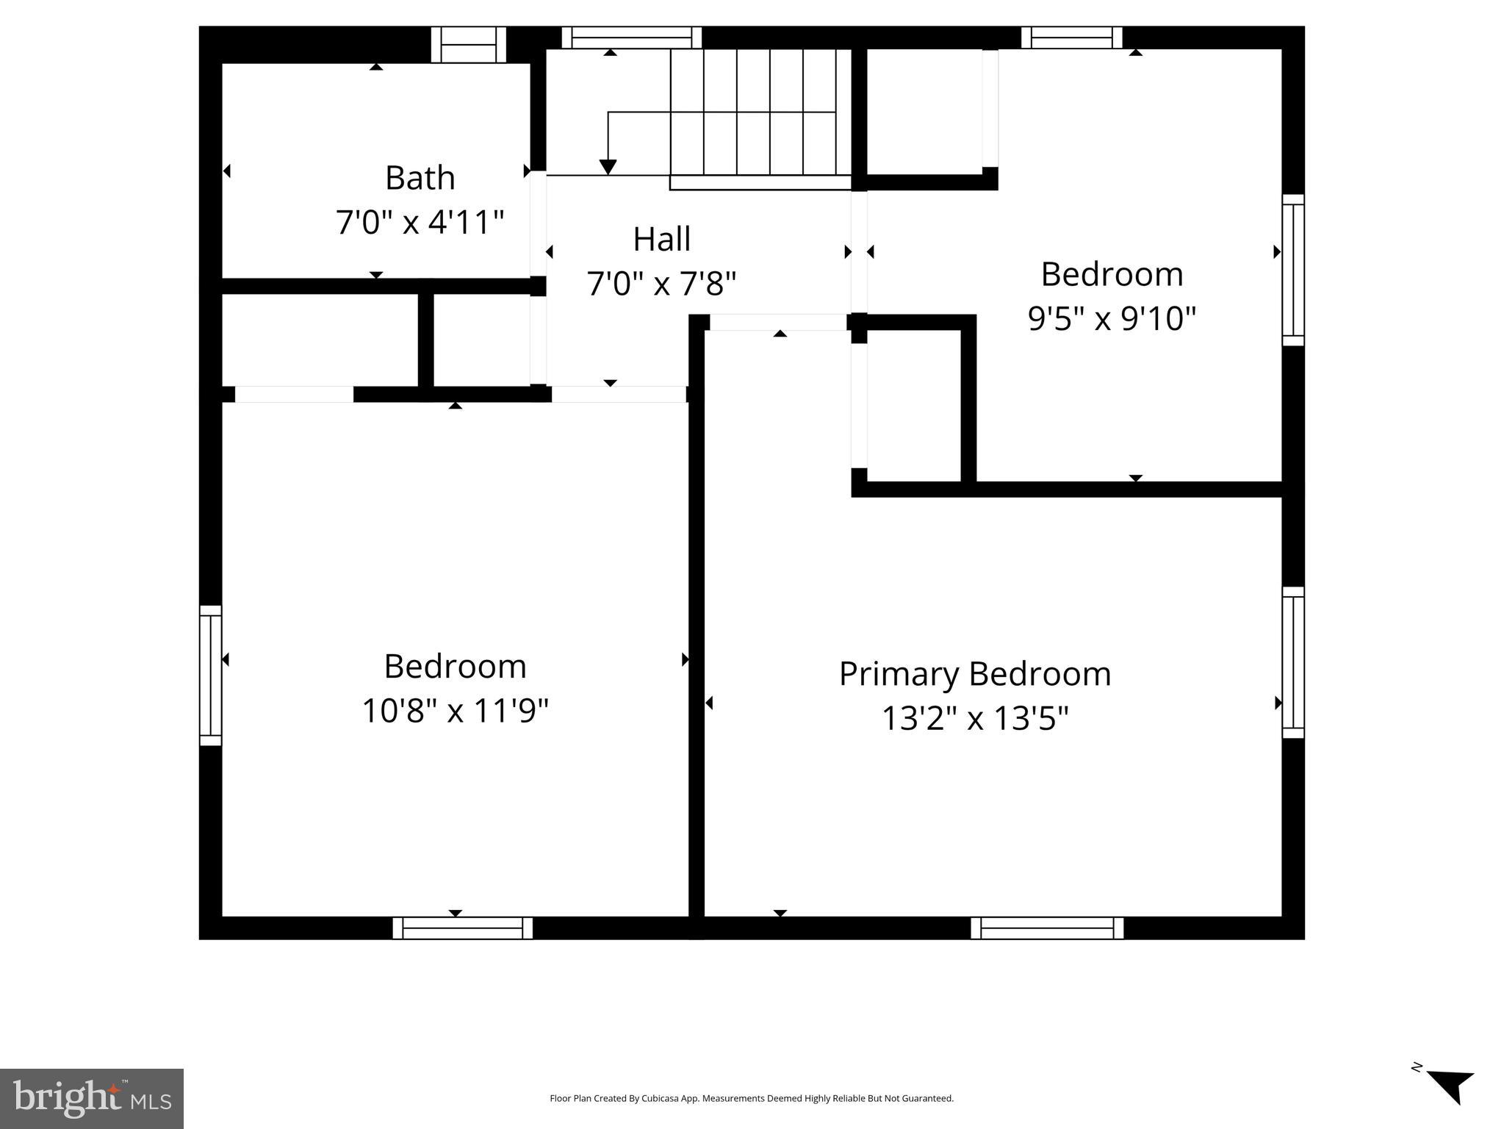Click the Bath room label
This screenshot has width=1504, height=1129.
click(x=420, y=178)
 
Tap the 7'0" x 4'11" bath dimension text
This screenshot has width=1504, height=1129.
click(x=420, y=222)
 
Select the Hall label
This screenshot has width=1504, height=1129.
click(x=661, y=239)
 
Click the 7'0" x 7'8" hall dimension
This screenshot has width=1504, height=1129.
click(x=661, y=283)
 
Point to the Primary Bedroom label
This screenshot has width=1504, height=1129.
click(x=974, y=674)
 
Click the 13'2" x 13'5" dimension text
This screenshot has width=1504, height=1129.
click(x=974, y=718)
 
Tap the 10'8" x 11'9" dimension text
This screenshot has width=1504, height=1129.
click(x=455, y=711)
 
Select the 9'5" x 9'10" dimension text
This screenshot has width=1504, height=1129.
click(x=1111, y=318)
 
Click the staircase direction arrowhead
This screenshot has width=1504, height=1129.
click(x=608, y=167)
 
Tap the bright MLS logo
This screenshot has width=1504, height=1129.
click(x=91, y=1098)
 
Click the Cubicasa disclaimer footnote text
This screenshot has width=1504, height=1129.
click(x=751, y=1098)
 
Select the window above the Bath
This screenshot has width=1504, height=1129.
click(x=468, y=45)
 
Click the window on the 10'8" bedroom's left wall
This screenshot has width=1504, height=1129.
click(x=211, y=675)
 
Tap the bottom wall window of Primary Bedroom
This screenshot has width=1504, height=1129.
click(x=1046, y=928)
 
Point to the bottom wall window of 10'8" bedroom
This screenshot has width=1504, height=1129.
click(x=462, y=928)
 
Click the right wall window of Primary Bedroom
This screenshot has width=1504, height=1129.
click(x=1292, y=662)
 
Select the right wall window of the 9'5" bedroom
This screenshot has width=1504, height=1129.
click(x=1292, y=270)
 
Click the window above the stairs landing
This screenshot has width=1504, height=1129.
click(x=631, y=37)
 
